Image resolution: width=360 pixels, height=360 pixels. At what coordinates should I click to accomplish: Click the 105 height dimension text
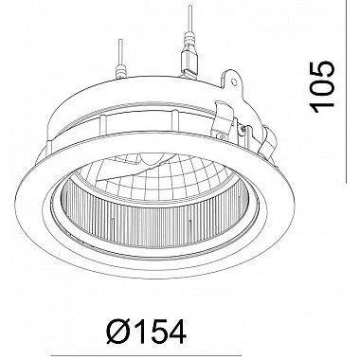click(322, 87)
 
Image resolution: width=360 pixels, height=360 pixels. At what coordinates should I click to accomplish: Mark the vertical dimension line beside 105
click(347, 92)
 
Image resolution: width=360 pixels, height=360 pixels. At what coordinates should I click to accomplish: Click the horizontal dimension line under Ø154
click(146, 356)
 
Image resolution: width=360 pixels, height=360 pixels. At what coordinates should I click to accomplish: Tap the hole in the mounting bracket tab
click(234, 82)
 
